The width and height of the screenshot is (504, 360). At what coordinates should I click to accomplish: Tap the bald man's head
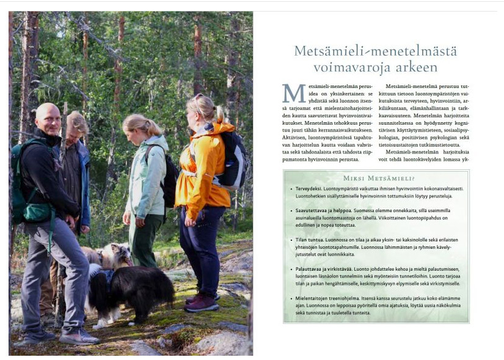point(48,117)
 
